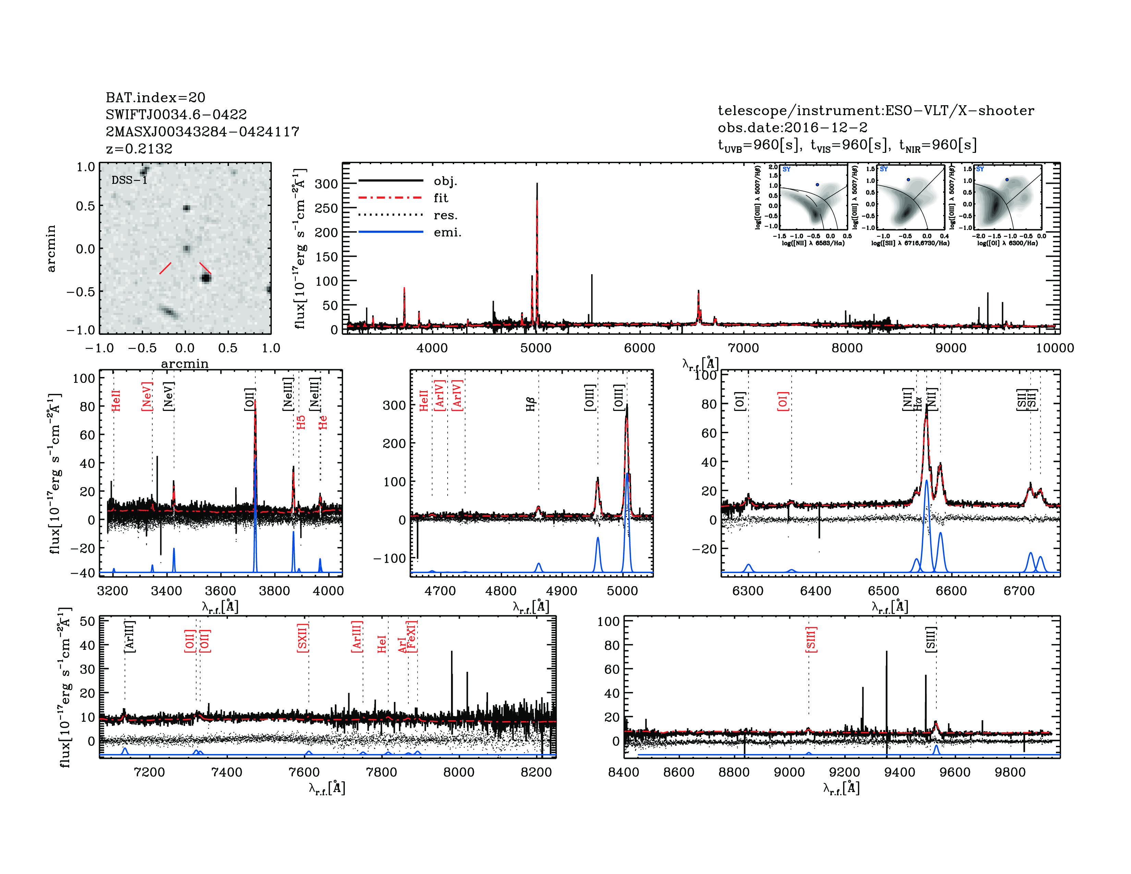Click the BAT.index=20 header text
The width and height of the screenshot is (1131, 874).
(155, 97)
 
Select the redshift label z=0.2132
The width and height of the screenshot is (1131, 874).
(139, 149)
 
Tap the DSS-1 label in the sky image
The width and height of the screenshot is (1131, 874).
(130, 180)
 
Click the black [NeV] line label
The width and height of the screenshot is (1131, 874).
(169, 396)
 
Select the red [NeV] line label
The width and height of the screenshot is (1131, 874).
(147, 396)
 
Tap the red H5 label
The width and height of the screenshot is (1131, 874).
(301, 422)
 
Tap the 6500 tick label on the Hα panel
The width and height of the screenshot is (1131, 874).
(884, 591)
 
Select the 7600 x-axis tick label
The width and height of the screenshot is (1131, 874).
(304, 772)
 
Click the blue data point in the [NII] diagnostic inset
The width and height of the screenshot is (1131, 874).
(817, 184)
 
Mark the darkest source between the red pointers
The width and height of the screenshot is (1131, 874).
(206, 278)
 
